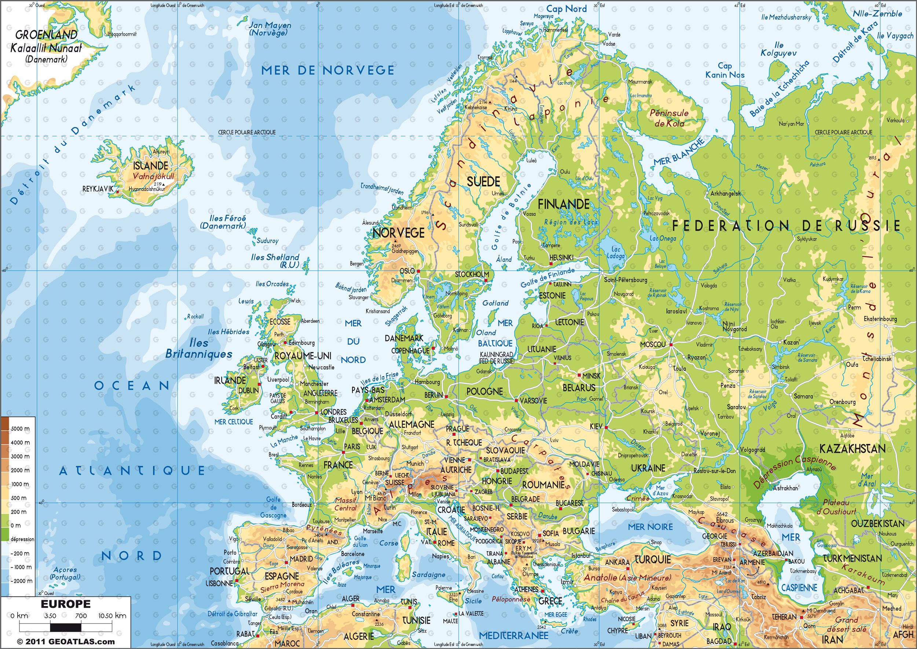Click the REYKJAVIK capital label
[x=98, y=189]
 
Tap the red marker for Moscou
[x=671, y=344]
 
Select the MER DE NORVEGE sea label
[x=328, y=71]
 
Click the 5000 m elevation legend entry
[x=20, y=429]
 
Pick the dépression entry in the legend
[x=22, y=539]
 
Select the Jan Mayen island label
[x=270, y=29]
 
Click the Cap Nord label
[x=566, y=9]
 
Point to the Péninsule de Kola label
[x=669, y=118]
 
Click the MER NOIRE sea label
[x=650, y=527]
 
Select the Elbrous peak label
[x=725, y=520]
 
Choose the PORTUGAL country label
[x=230, y=571]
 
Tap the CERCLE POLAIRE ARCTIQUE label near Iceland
[x=246, y=132]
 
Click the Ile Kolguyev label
[x=778, y=49]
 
